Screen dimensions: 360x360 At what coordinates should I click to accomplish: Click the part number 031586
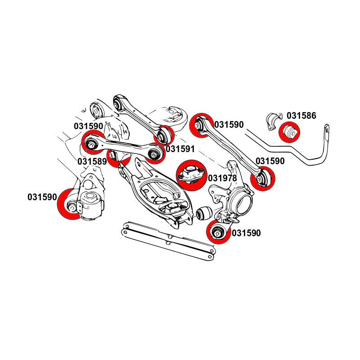[x=301, y=116]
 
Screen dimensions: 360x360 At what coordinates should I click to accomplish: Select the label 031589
[x=92, y=161]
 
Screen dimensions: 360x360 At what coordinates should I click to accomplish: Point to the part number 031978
[x=222, y=178]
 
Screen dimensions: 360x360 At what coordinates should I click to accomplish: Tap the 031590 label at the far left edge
[x=42, y=197]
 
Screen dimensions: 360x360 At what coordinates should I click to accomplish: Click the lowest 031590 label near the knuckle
[x=246, y=233]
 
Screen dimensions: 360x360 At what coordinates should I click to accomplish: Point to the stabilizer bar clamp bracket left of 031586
[x=272, y=122]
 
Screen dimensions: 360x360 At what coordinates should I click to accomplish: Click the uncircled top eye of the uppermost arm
[x=118, y=103]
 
